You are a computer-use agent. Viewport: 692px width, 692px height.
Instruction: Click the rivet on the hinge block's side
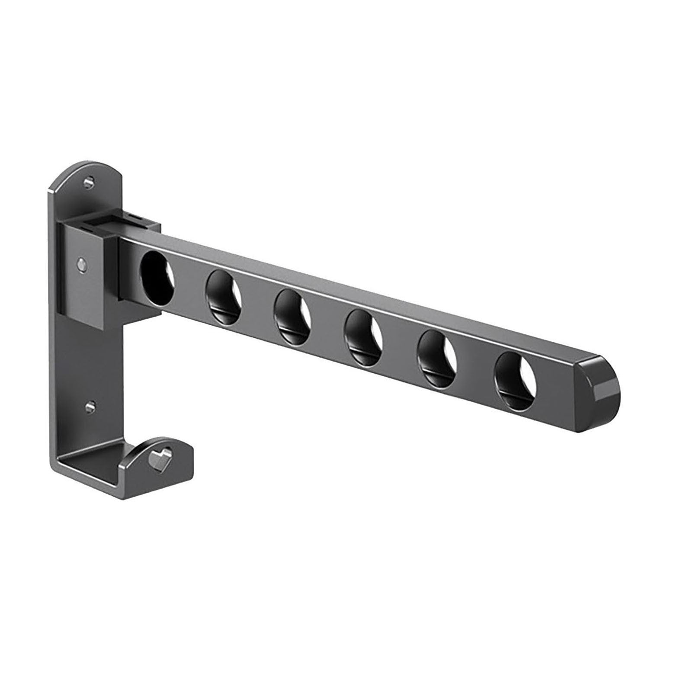tap(81, 262)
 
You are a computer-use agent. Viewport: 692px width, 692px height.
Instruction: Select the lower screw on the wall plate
tap(90, 406)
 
